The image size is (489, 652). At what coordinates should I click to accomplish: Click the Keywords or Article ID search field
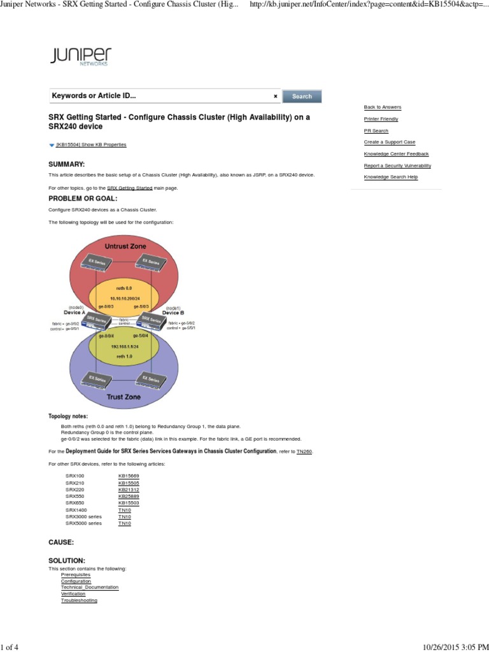159,96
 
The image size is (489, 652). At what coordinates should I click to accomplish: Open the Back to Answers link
382,107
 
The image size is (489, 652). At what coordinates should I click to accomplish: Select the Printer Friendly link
381,119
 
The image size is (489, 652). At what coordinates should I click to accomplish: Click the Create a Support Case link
389,142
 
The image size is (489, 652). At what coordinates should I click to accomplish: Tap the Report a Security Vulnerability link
397,166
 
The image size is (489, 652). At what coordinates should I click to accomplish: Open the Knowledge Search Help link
390,177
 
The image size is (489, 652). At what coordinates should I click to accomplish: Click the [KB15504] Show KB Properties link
91,145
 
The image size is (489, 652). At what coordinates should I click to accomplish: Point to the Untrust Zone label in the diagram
125,246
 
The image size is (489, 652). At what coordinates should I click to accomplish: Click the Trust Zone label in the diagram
124,397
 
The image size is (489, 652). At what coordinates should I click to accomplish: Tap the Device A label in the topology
75,313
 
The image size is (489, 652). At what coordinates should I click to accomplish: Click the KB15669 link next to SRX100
129,476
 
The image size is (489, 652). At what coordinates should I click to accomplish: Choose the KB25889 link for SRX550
129,496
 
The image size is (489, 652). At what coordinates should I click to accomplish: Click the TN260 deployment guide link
304,451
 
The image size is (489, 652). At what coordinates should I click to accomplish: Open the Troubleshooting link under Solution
79,600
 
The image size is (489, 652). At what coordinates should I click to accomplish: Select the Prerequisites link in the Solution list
75,574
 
